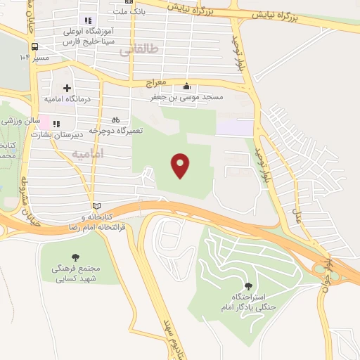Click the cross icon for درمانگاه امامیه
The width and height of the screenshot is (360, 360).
tap(67, 89)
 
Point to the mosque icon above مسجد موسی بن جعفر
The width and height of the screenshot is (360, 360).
tap(186, 86)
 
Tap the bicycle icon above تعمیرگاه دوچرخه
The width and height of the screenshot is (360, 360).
tap(116, 120)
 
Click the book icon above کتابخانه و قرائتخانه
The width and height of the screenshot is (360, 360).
tap(96, 205)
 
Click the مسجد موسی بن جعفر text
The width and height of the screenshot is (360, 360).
tap(186, 98)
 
